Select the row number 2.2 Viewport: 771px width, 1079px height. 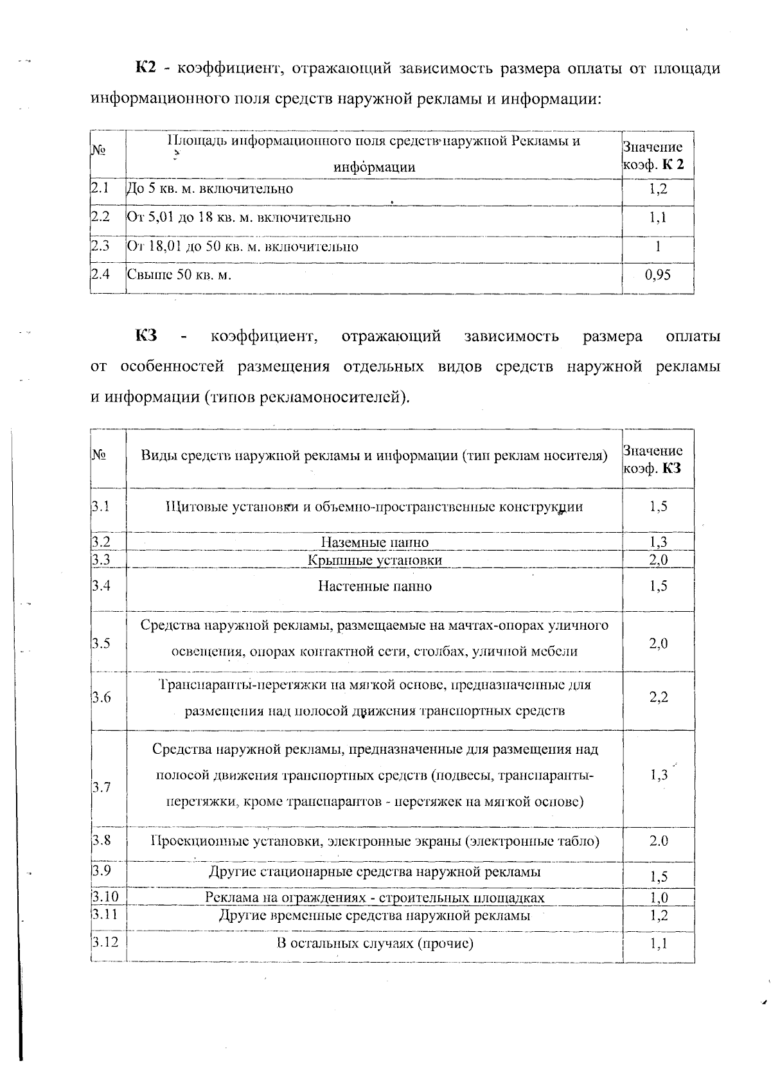pyautogui.click(x=100, y=217)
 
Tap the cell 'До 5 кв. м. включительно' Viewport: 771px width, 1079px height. pyautogui.click(x=210, y=189)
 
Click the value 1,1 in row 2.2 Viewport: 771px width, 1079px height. pyautogui.click(x=658, y=217)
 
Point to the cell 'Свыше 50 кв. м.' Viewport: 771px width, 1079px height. pyautogui.click(x=179, y=276)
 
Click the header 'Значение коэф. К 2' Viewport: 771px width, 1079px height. pyautogui.click(x=653, y=156)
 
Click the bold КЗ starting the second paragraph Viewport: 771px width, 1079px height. pyautogui.click(x=146, y=336)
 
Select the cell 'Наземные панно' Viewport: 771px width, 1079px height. pyautogui.click(x=375, y=542)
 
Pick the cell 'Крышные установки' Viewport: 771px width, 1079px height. pyautogui.click(x=375, y=560)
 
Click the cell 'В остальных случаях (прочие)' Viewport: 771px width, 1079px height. pyautogui.click(x=375, y=943)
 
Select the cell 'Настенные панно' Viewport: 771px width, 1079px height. pyautogui.click(x=375, y=586)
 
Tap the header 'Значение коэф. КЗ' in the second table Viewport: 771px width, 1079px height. pyautogui.click(x=653, y=459)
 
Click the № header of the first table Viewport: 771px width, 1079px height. pyautogui.click(x=98, y=150)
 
